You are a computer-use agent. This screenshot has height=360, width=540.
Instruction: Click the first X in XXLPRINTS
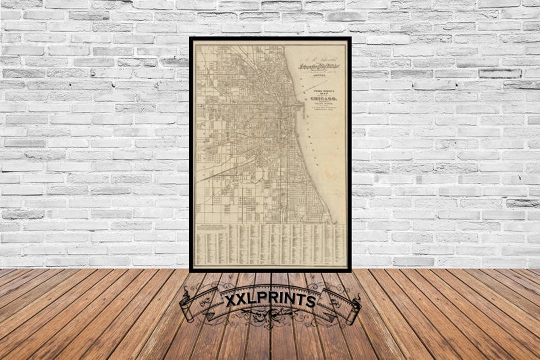coord(230,301)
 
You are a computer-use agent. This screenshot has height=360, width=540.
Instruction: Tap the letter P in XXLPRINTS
coord(261,300)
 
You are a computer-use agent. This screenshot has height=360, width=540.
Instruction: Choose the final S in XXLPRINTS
coord(310,301)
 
